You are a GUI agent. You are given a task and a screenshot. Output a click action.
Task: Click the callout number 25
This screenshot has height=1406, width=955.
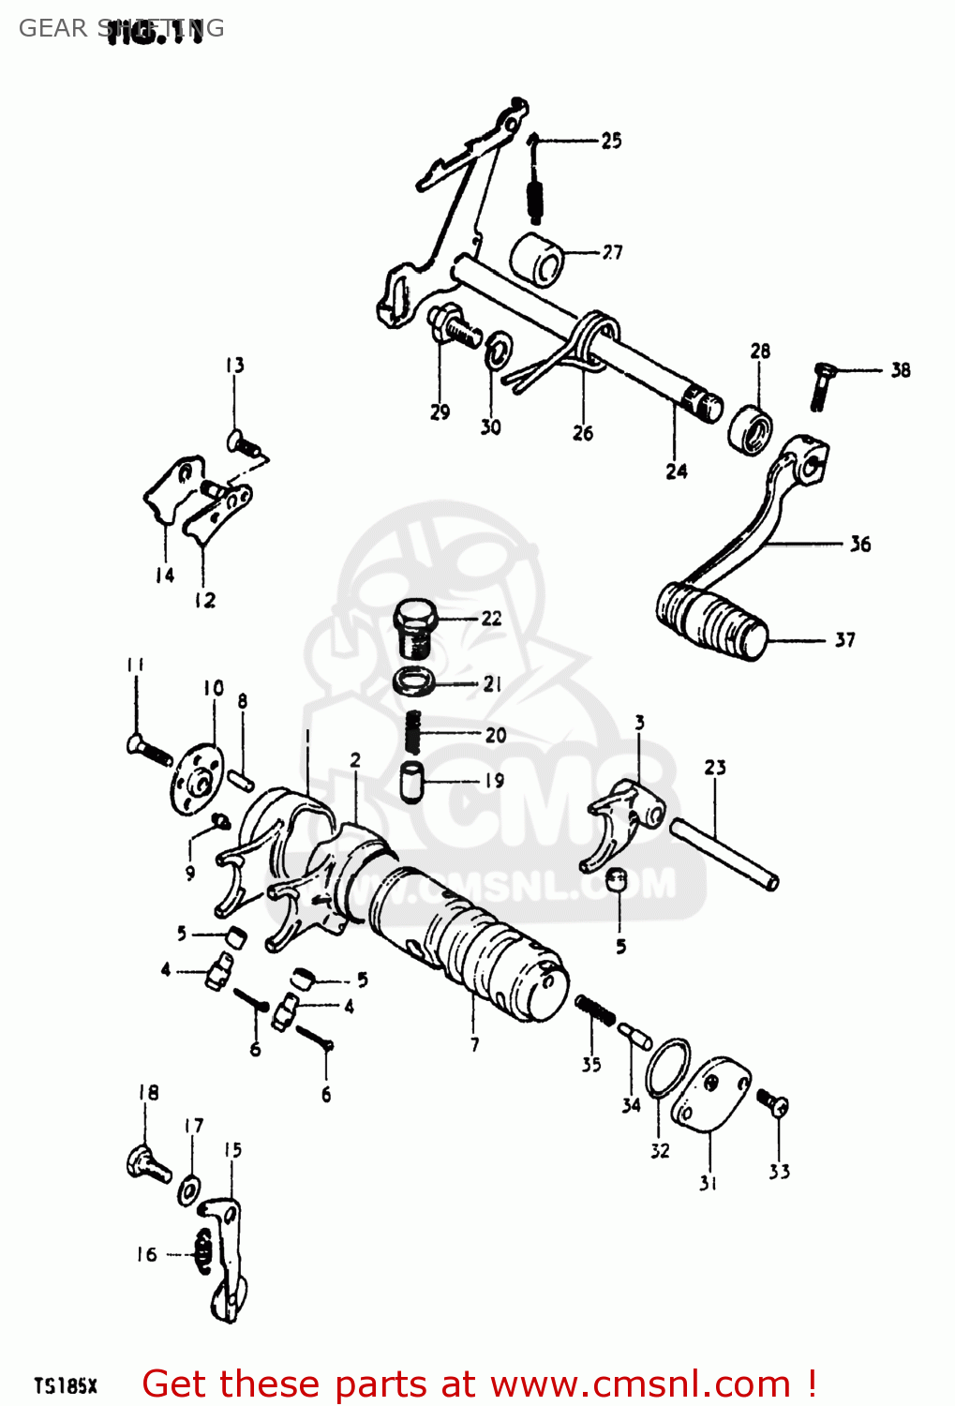point(611,141)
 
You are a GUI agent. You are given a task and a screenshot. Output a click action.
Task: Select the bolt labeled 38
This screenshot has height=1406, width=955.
point(820,384)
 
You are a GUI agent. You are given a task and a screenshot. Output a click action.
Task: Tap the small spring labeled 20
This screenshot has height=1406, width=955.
point(412,731)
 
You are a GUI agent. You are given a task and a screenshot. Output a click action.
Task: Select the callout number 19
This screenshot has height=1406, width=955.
point(494,780)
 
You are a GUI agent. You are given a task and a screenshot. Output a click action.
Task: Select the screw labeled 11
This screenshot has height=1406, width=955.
point(148,749)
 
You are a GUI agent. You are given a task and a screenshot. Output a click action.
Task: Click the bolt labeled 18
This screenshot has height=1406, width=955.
point(147,1163)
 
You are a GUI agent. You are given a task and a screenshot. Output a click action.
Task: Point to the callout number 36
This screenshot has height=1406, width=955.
point(859,544)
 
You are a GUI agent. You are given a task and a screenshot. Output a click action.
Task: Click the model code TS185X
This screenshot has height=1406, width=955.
point(66,1385)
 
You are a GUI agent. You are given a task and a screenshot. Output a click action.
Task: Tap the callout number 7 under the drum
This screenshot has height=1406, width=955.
point(474,1043)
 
